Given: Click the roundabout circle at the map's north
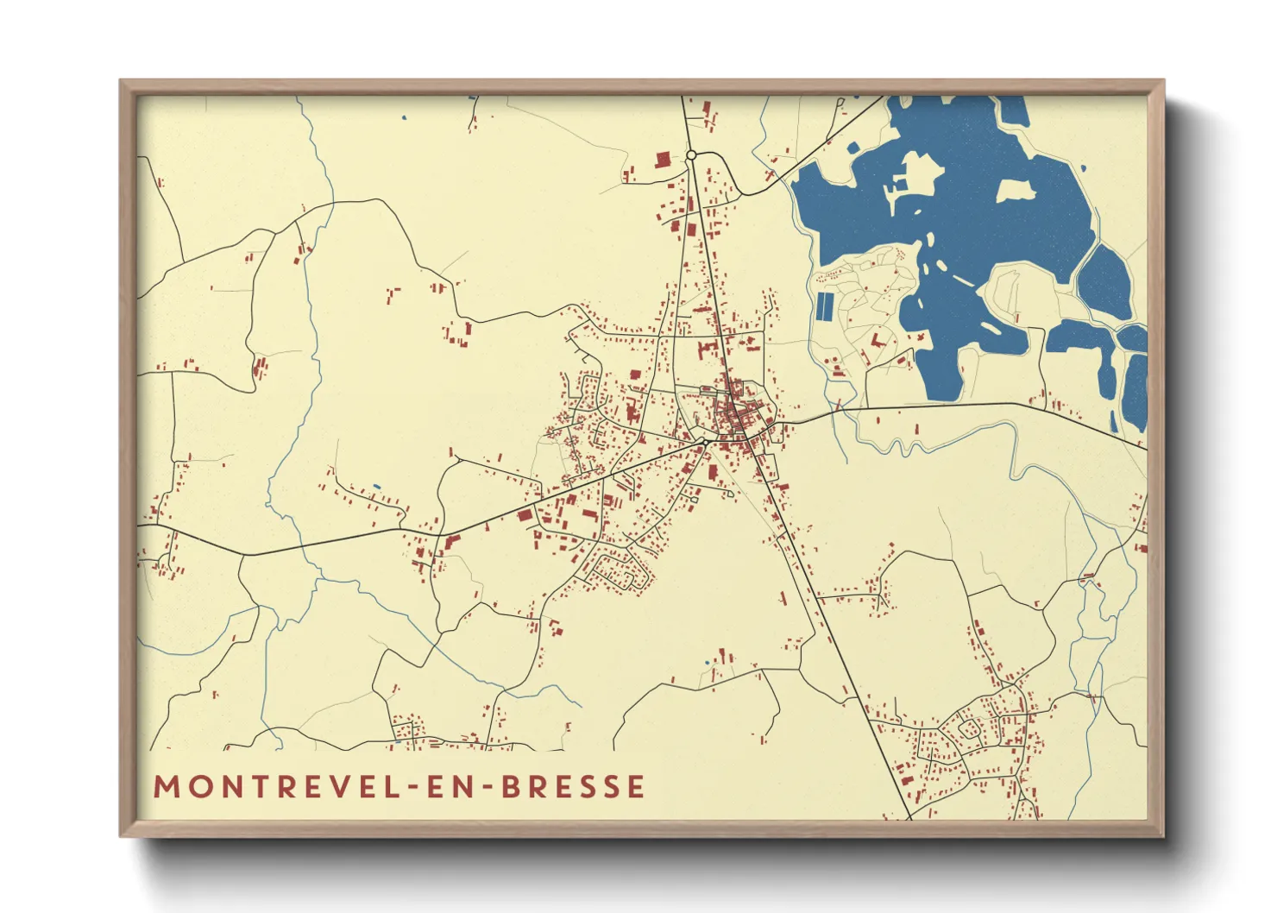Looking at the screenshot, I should (x=691, y=155).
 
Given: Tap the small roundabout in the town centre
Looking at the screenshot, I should (x=705, y=442).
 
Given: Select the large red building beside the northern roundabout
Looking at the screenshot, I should (x=663, y=161).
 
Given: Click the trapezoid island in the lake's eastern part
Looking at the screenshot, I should (x=1016, y=190).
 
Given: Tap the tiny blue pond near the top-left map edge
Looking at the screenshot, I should (x=403, y=116).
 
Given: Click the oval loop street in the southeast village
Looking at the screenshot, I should (x=970, y=729).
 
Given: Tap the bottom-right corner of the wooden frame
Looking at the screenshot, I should (x=1162, y=834).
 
